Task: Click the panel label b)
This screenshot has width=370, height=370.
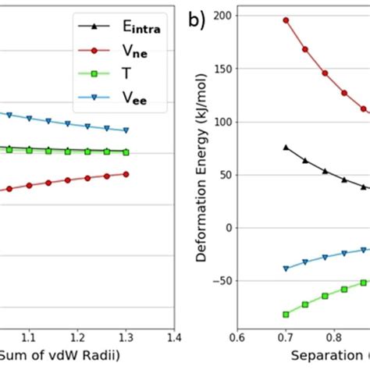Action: point(197,21)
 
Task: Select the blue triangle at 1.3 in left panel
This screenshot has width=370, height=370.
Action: point(126,130)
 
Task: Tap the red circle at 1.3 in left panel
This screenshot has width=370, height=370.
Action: point(126,174)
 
